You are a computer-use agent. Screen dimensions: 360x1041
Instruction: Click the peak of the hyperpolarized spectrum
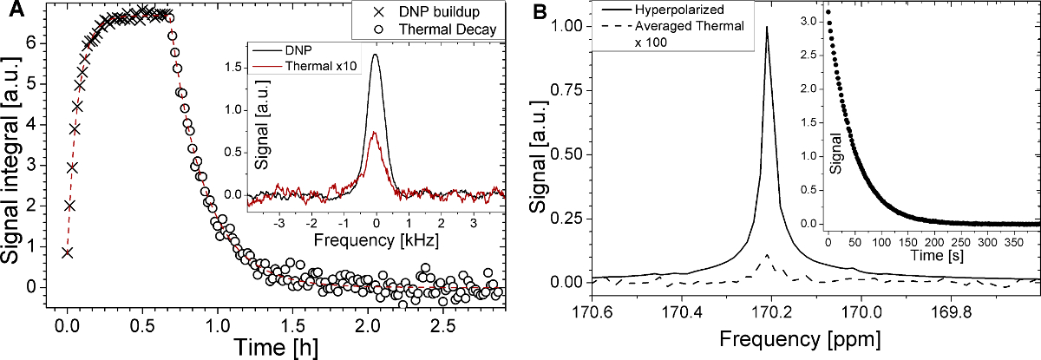pyautogui.click(x=767, y=28)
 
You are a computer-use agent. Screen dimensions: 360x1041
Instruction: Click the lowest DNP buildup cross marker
pyautogui.click(x=67, y=252)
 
